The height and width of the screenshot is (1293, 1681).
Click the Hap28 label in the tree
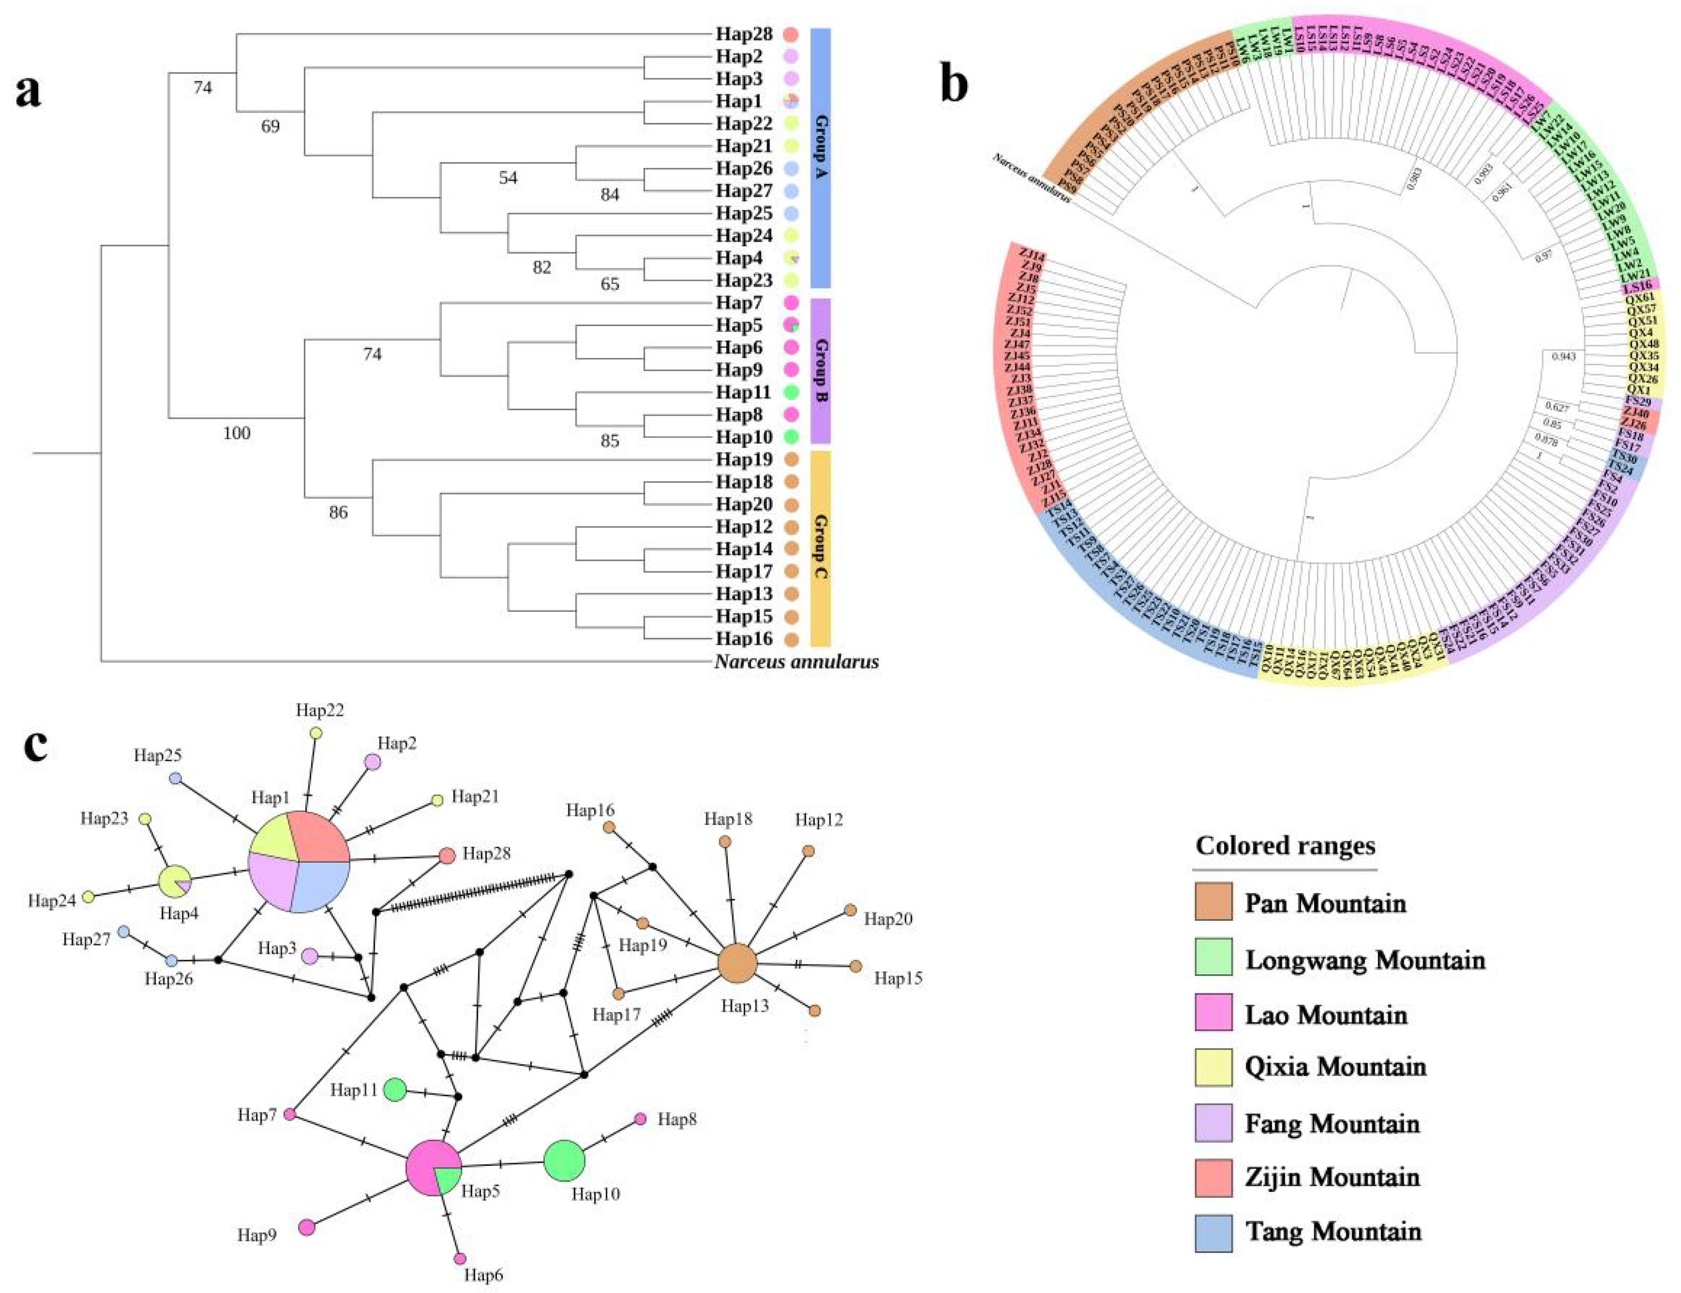tap(744, 35)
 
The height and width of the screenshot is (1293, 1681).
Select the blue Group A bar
tap(820, 158)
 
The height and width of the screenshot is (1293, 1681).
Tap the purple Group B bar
tap(820, 371)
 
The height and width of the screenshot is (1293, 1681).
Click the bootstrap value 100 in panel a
tap(236, 433)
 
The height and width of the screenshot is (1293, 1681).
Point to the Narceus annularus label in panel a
tap(797, 662)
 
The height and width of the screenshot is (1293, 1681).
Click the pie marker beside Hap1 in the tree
tap(791, 102)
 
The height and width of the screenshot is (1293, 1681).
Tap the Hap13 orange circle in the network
tap(737, 964)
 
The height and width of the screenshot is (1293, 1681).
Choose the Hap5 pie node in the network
tap(434, 1169)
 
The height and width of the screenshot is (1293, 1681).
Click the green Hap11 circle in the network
tap(395, 1090)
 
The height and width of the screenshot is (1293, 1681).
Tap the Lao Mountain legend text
tap(1326, 1015)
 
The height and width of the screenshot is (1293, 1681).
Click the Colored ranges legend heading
tap(1285, 846)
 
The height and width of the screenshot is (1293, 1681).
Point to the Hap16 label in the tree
tap(744, 639)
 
